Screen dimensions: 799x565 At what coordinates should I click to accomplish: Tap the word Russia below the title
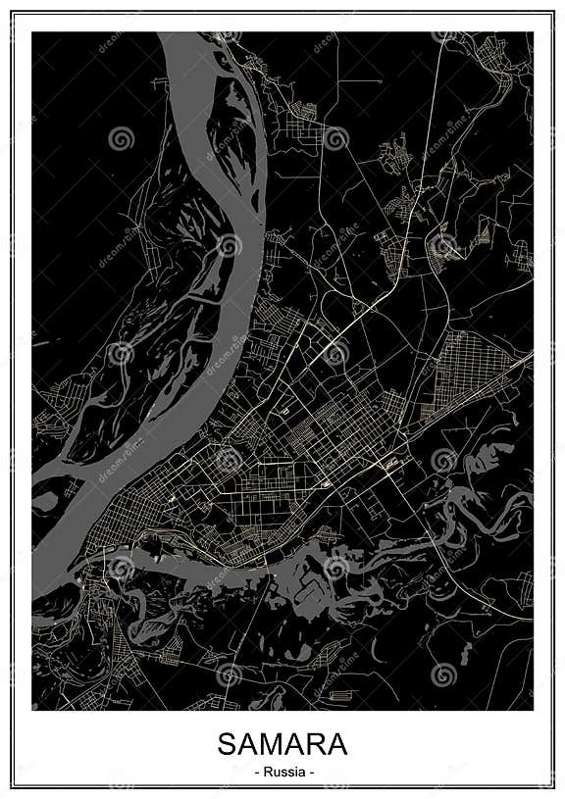pyautogui.click(x=283, y=772)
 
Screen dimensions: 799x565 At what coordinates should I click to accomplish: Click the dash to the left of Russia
pyautogui.click(x=256, y=773)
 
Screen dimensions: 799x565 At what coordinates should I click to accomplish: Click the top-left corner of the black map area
pyautogui.click(x=32, y=32)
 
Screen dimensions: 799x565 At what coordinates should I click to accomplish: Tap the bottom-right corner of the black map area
pyautogui.click(x=533, y=710)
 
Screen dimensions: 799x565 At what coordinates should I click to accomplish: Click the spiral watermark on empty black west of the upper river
pyautogui.click(x=121, y=138)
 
